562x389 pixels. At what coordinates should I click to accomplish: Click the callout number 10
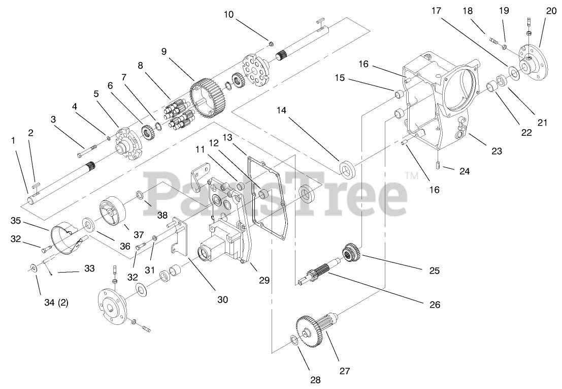[228, 14]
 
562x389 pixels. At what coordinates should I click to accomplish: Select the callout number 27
[345, 371]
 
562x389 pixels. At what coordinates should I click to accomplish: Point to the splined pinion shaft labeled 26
[317, 275]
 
